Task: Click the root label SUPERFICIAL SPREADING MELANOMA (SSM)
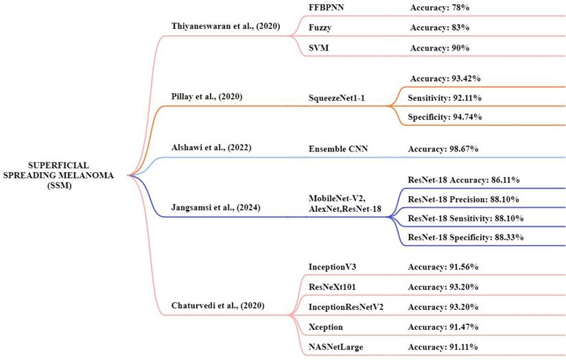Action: (x=63, y=175)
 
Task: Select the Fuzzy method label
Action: (x=322, y=27)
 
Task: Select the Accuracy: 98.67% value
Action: (x=444, y=149)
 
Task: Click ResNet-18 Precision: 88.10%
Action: (x=463, y=199)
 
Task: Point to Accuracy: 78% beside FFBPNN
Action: (x=439, y=6)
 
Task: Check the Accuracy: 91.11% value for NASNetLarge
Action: (x=444, y=348)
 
